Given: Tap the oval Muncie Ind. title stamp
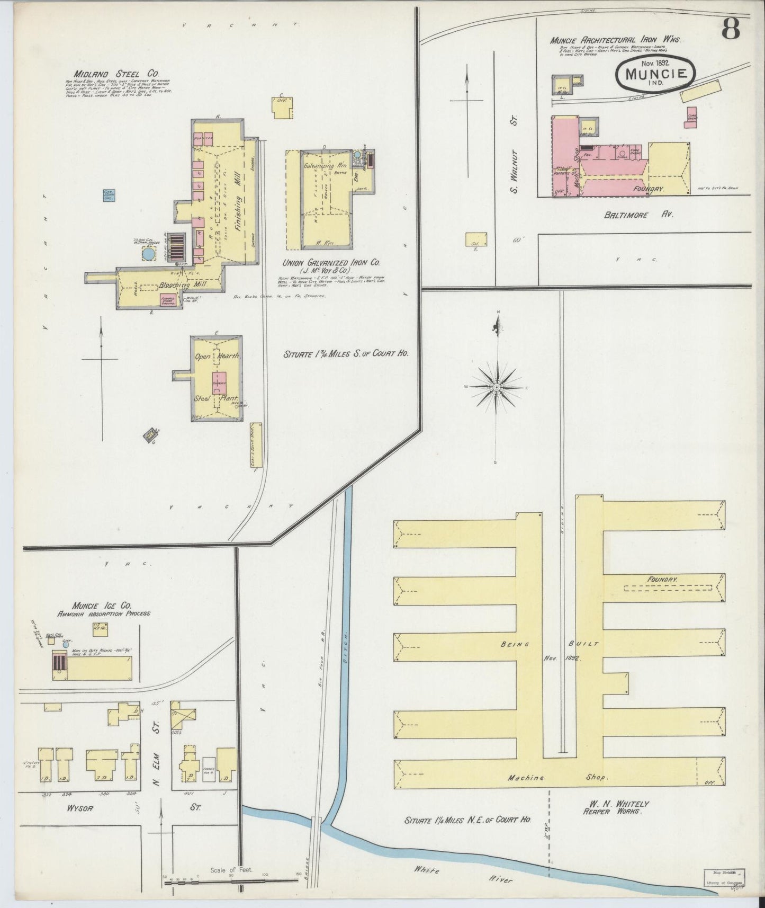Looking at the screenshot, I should (655, 74).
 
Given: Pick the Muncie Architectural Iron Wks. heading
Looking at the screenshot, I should (615, 40).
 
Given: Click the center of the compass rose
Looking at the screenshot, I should (497, 388).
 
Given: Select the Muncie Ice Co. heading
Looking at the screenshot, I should (103, 605).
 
